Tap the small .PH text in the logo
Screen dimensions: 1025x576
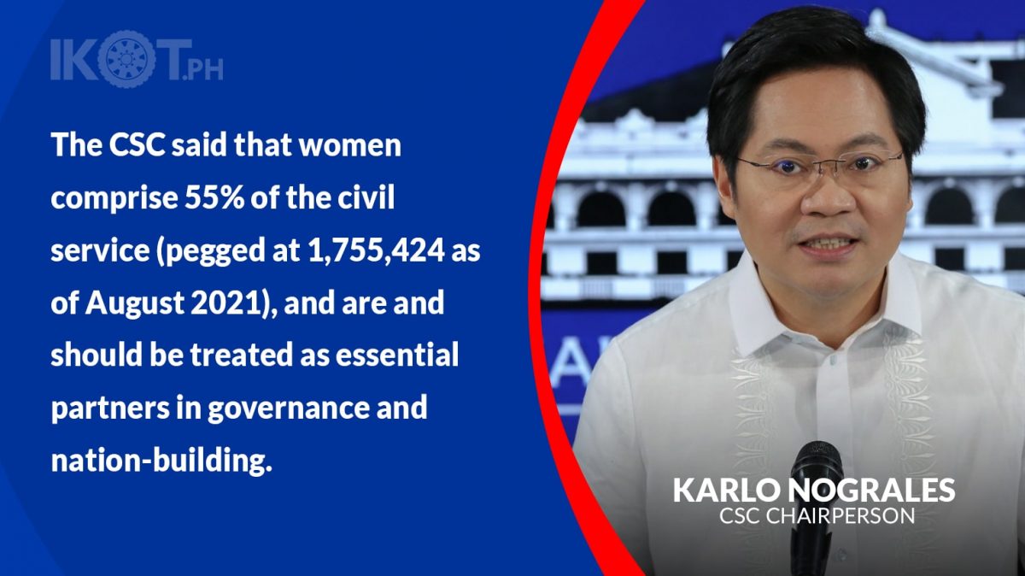(x=202, y=68)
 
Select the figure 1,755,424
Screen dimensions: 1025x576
(x=376, y=251)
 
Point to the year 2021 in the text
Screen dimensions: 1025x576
(x=227, y=303)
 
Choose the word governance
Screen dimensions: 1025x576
(x=289, y=408)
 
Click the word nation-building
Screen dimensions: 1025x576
(x=161, y=461)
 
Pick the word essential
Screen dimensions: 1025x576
(x=397, y=355)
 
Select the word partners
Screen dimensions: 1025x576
(x=110, y=408)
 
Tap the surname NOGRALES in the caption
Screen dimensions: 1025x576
(x=871, y=490)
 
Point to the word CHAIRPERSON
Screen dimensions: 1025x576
(x=840, y=515)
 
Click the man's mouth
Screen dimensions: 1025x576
(x=828, y=243)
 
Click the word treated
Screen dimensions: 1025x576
(x=242, y=355)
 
